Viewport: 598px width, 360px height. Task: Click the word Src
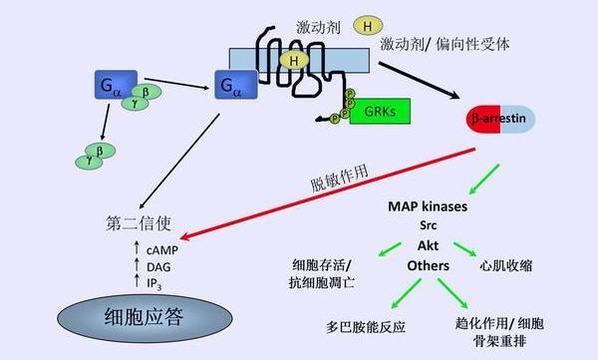click(x=430, y=226)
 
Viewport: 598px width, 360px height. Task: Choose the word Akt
click(x=429, y=245)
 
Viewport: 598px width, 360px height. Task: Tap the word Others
click(x=429, y=266)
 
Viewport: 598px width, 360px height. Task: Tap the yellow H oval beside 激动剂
click(x=369, y=24)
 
